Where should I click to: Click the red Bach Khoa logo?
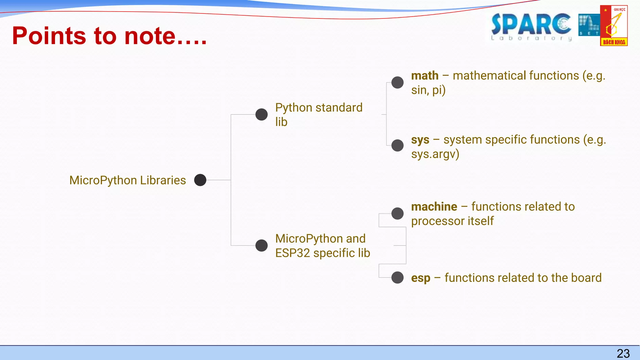(614, 26)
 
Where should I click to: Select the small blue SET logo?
(589, 25)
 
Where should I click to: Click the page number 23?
(623, 353)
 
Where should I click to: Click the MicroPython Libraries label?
(127, 180)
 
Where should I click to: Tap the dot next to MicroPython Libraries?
(200, 180)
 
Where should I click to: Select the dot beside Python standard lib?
(262, 114)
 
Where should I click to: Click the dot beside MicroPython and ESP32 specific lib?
(262, 245)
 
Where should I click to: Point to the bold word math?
(425, 76)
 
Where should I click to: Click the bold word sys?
(420, 140)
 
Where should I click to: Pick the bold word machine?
(434, 207)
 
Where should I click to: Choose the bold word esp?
(421, 278)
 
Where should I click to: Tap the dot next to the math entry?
(397, 82)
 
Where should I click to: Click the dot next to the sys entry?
(397, 145)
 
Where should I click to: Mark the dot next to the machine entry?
(397, 213)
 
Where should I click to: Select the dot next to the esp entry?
(397, 277)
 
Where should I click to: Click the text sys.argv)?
(435, 154)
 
